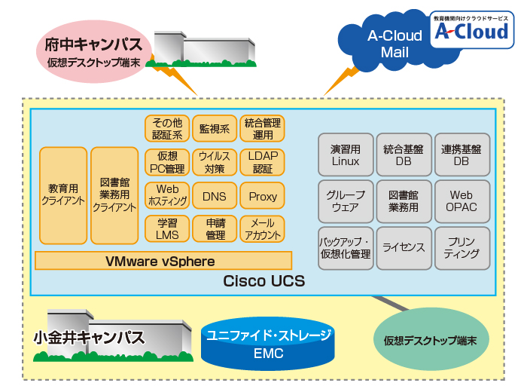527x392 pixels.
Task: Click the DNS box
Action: [x=215, y=196]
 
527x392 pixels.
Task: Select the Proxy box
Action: [x=262, y=196]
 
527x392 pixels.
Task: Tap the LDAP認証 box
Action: [x=262, y=162]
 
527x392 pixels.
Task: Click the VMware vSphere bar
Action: [x=163, y=261]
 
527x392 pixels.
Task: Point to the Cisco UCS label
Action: [x=263, y=281]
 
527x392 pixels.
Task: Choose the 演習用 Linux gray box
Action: [x=345, y=155]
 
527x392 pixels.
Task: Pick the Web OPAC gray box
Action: [x=461, y=201]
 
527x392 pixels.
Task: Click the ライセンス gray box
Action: [x=404, y=248]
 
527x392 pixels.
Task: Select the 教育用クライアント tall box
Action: [x=63, y=196]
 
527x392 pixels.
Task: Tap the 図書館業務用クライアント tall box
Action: [x=114, y=196]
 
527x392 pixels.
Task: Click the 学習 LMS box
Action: [x=167, y=229]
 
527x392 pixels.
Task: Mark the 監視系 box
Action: [x=215, y=129]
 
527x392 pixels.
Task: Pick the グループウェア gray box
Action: [x=345, y=201]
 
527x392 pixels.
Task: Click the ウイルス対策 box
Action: [x=215, y=162]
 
